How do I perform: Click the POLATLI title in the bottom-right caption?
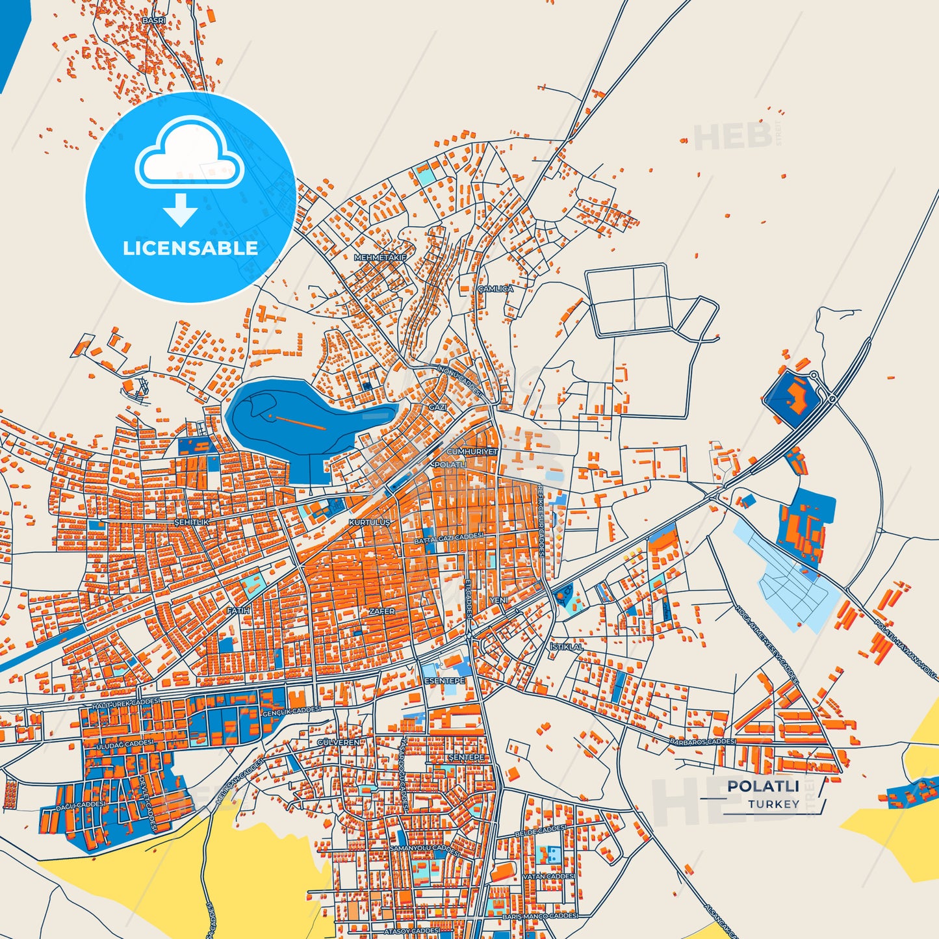(x=763, y=786)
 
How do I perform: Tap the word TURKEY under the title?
(x=773, y=804)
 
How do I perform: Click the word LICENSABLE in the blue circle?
(x=190, y=248)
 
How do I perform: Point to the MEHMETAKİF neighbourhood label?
(x=379, y=257)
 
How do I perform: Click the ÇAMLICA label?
(x=495, y=289)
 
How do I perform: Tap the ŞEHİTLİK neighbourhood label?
(x=192, y=522)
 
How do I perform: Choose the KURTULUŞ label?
(x=369, y=522)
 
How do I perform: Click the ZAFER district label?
(x=381, y=611)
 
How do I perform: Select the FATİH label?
(x=238, y=611)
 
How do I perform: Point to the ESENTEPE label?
(x=444, y=680)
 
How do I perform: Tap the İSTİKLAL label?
(x=567, y=647)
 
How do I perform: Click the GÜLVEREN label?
(x=338, y=742)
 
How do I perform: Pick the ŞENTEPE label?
(x=467, y=758)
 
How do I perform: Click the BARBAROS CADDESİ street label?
(x=703, y=741)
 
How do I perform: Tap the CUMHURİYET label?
(x=472, y=451)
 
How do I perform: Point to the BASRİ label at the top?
(x=153, y=21)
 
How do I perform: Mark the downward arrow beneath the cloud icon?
(x=181, y=209)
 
